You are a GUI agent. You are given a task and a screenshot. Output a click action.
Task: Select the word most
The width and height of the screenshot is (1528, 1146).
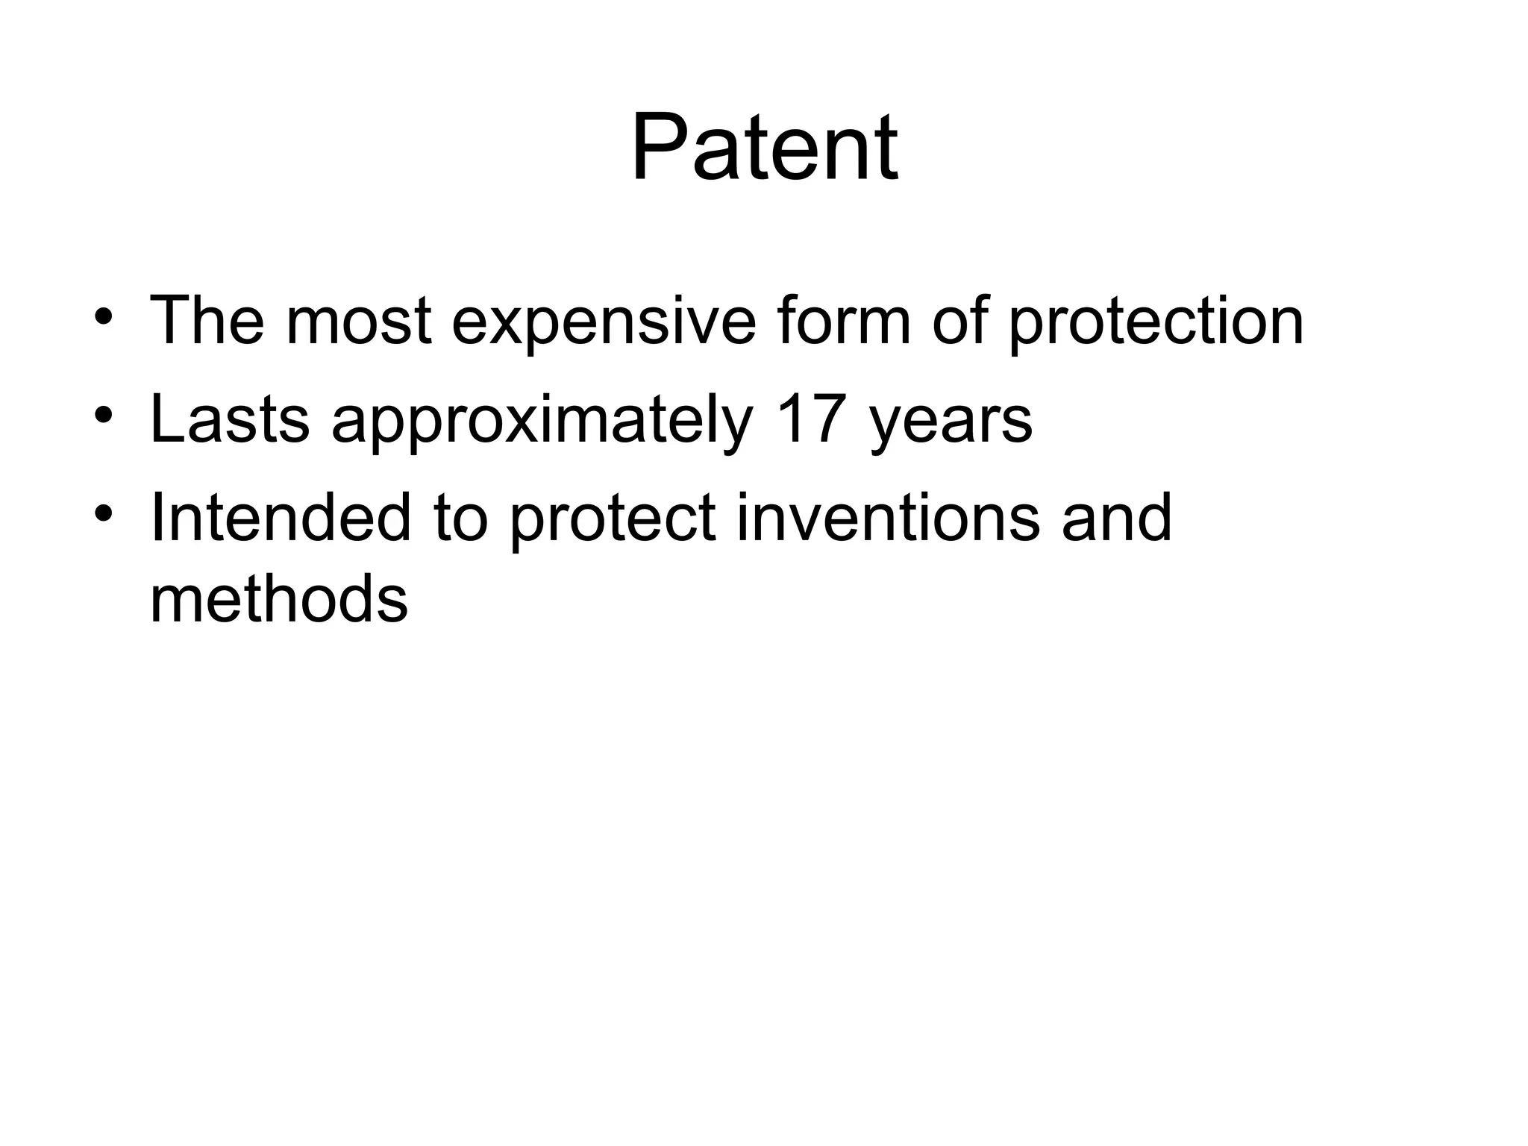click(358, 322)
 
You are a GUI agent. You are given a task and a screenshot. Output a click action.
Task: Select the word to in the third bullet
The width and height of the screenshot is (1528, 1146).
click(460, 519)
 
